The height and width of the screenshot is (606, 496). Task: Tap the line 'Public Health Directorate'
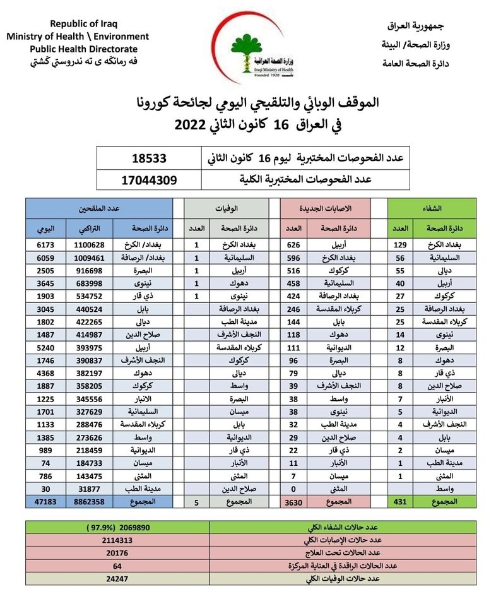[83, 49]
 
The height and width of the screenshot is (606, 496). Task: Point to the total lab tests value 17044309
[149, 180]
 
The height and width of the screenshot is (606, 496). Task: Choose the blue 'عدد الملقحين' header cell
[100, 208]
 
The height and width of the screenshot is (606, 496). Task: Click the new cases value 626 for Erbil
[292, 244]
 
